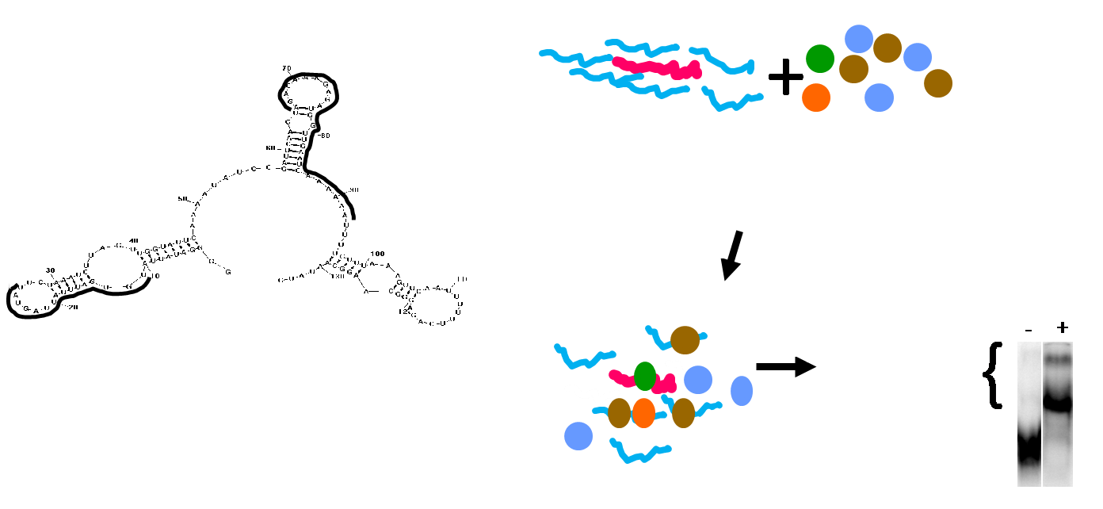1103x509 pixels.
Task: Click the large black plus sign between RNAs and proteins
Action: coord(785,78)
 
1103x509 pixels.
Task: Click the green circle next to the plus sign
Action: coord(820,59)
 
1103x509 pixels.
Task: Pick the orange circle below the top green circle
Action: coord(815,98)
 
